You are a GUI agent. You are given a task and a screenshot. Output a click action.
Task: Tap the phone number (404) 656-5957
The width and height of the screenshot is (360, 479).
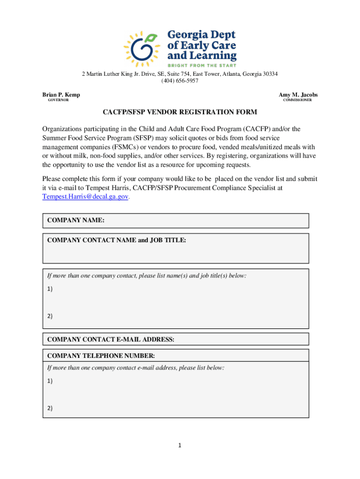(x=180, y=81)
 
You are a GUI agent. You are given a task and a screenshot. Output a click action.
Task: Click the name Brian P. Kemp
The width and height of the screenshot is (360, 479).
(x=61, y=95)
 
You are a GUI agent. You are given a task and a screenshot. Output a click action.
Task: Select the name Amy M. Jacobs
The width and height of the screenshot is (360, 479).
(x=298, y=95)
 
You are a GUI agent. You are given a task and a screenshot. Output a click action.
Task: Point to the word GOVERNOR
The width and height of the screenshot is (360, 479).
(x=58, y=101)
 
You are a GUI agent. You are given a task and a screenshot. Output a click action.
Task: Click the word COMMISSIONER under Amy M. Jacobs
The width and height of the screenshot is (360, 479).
(x=297, y=101)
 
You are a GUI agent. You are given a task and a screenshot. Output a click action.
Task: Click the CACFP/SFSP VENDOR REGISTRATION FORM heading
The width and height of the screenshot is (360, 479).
(x=180, y=113)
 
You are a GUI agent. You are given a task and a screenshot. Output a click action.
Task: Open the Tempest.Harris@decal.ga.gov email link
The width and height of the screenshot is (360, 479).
(x=85, y=197)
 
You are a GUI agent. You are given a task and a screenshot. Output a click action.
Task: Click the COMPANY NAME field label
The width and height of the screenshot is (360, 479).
(x=76, y=220)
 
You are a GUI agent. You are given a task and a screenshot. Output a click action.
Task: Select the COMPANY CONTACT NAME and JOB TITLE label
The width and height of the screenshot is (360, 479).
(x=116, y=240)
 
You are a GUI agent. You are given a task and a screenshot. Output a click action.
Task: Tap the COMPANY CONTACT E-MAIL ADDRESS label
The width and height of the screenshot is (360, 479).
(x=111, y=340)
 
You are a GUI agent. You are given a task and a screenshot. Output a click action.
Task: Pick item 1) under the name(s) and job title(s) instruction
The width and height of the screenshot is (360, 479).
(x=50, y=289)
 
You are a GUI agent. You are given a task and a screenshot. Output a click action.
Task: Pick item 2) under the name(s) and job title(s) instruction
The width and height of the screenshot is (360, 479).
(x=50, y=316)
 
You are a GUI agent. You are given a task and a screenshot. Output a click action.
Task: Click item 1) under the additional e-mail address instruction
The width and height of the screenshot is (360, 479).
(x=50, y=381)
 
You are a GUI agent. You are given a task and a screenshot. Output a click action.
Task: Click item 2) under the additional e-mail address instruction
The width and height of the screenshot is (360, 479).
(x=50, y=408)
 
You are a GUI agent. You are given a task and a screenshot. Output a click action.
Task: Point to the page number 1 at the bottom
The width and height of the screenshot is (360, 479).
(x=179, y=445)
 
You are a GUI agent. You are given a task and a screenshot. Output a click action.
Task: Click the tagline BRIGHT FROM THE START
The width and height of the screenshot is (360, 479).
(x=202, y=65)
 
